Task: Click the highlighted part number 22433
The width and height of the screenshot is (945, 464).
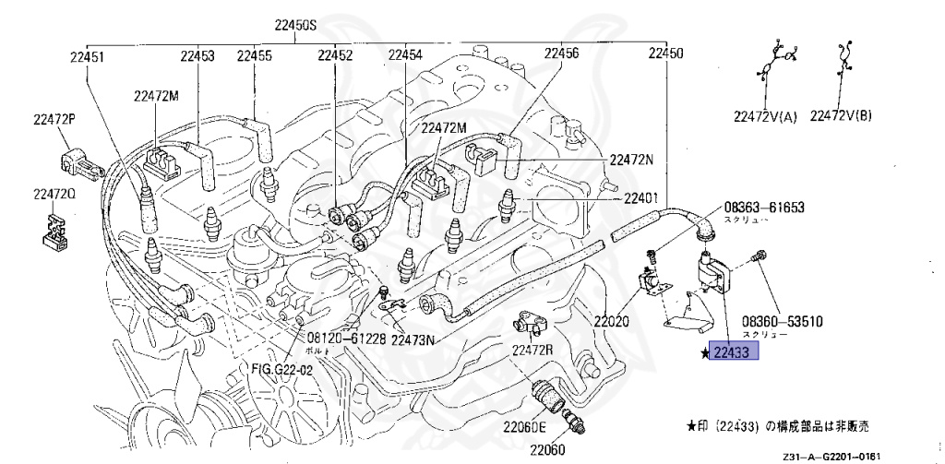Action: point(735,351)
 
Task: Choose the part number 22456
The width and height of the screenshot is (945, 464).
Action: point(561,54)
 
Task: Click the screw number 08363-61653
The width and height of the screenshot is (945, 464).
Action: point(764,208)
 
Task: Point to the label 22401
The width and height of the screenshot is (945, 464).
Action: point(641,198)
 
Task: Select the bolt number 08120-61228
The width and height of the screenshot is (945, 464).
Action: point(345,339)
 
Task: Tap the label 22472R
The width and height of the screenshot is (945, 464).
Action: point(533,351)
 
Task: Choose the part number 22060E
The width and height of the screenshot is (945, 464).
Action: point(525,426)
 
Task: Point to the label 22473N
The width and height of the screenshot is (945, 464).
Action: point(413,339)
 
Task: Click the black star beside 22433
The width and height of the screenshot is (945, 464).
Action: point(703,352)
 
